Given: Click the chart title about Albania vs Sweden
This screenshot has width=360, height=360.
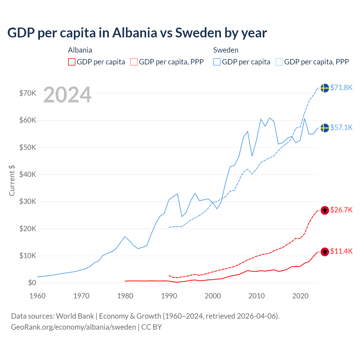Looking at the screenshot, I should pos(137,33).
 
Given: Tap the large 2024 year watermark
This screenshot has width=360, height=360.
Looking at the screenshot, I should pos(67,95).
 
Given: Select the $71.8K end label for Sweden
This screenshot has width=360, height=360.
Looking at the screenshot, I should pos(341,87).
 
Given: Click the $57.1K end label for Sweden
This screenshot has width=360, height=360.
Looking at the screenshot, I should pos(341,127).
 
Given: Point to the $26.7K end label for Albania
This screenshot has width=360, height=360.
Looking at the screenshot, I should pos(341,210).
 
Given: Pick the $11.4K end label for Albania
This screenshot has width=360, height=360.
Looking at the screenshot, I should pos(341,251).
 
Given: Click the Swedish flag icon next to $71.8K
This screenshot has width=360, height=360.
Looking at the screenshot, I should pos(325,88).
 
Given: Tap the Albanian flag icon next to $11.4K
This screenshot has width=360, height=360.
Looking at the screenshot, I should pos(325,252).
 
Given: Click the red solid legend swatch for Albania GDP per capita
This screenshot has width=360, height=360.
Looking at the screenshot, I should pos(72,62).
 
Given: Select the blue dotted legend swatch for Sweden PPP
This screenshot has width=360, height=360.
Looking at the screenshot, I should pos(279,62).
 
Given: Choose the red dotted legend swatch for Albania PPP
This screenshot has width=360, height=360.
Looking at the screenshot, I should pos(134,62).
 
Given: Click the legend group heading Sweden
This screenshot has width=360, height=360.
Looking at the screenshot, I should pos(226,50).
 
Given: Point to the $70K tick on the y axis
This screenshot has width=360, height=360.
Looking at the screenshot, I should pos(28,93).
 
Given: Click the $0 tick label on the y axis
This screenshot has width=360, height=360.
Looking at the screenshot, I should pos(32,283).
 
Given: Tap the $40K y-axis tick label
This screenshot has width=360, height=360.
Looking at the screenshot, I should pos(28,174).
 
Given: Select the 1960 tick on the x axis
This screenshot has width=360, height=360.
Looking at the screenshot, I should pos(37,296).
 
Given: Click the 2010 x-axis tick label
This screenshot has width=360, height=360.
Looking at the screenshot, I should pos(256,296).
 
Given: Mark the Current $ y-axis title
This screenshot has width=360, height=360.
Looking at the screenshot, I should pos(12,181).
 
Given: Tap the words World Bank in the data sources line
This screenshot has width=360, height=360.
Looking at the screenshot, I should pos(75,316).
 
